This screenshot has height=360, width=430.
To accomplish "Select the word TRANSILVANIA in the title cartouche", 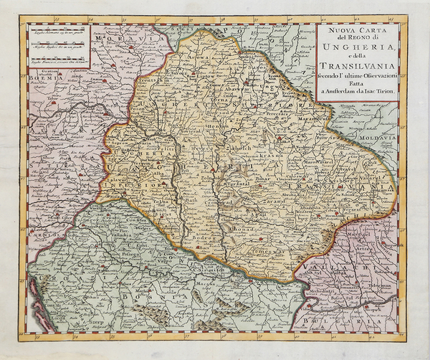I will pyautogui.click(x=361, y=70).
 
